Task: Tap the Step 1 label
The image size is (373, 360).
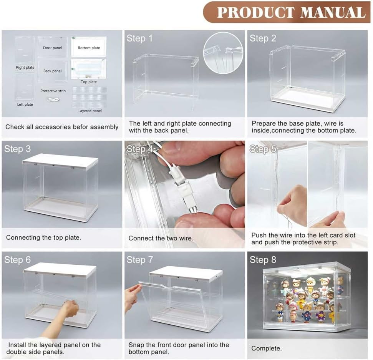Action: [x=139, y=38]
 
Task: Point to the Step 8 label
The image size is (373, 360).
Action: [x=263, y=260]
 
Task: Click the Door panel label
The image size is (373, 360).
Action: [x=53, y=48]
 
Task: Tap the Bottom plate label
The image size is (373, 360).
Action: [x=89, y=48]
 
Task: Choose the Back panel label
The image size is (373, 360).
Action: [x=53, y=71]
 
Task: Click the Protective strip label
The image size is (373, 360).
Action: [x=53, y=91]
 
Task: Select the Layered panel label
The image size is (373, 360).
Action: [x=90, y=111]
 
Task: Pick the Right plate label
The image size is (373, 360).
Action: [x=25, y=68]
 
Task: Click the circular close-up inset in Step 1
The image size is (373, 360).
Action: [x=223, y=53]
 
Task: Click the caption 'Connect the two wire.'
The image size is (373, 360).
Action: [x=161, y=238]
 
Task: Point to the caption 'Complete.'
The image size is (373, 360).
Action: [x=266, y=348]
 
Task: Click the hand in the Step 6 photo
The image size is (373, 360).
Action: [x=71, y=308]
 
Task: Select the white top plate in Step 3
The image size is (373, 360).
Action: [x=60, y=160]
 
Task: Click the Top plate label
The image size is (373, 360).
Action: [x=89, y=82]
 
